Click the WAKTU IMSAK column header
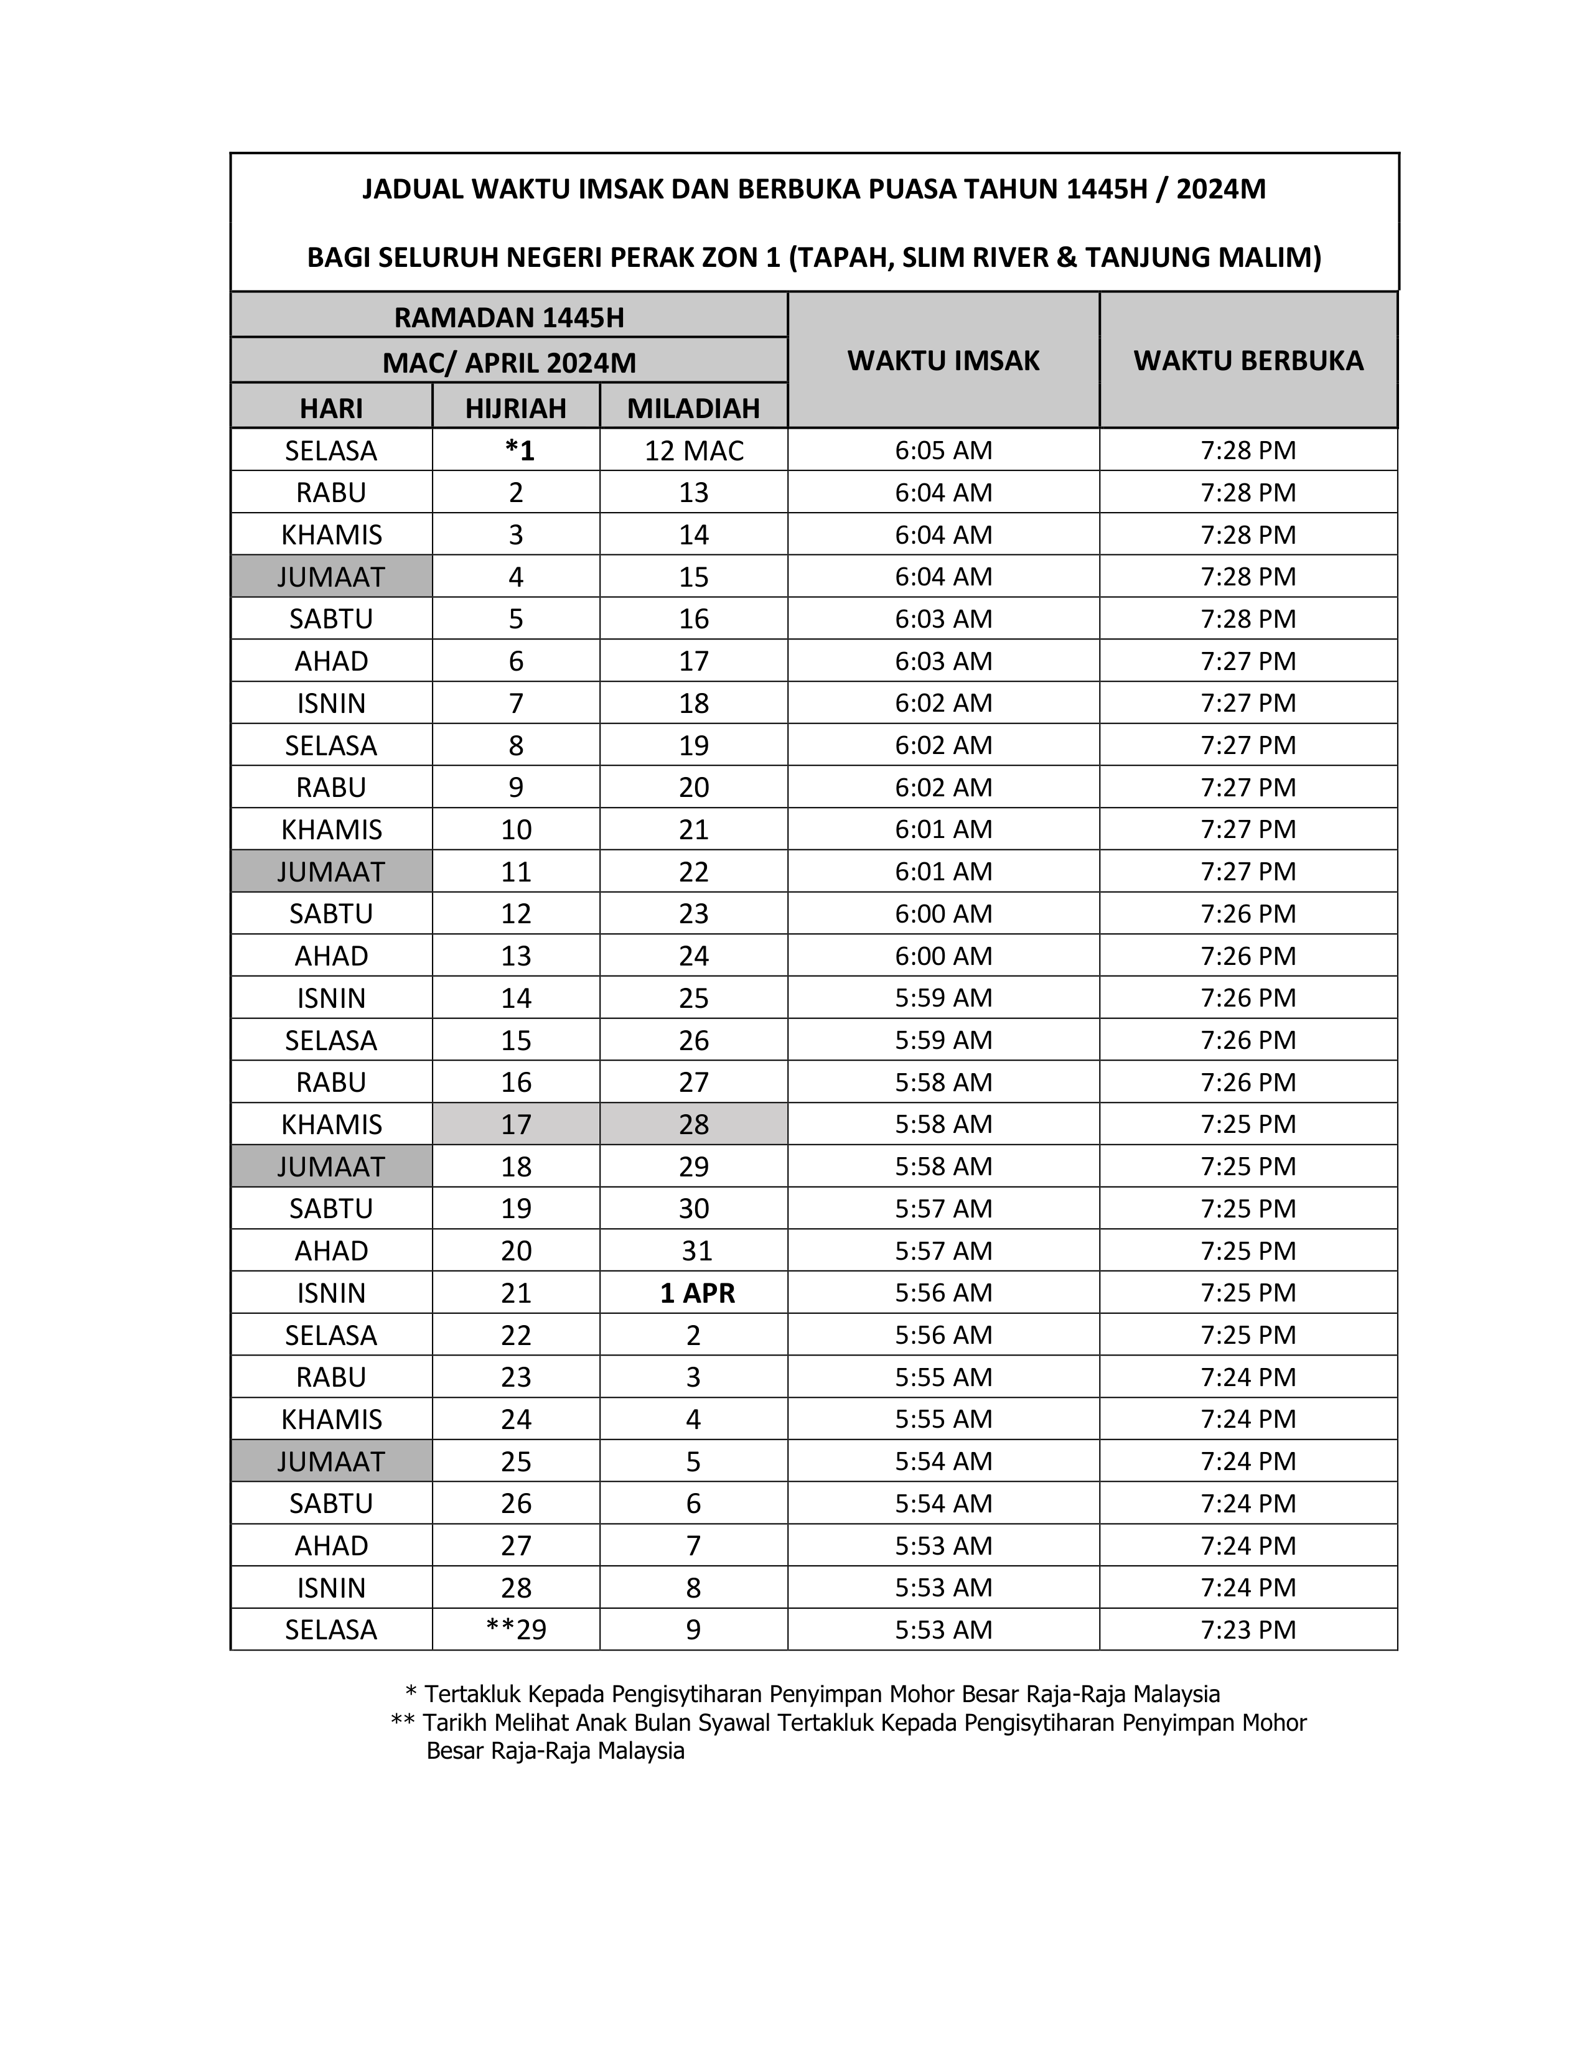click(943, 361)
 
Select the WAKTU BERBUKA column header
click(1248, 361)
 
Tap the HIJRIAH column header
click(515, 408)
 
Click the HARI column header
click(331, 408)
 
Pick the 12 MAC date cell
click(694, 451)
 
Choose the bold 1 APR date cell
click(696, 1293)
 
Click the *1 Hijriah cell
click(519, 451)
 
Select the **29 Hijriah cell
click(516, 1630)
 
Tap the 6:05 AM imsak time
click(943, 451)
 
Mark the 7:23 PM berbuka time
click(1248, 1630)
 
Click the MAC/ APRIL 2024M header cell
click(508, 363)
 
